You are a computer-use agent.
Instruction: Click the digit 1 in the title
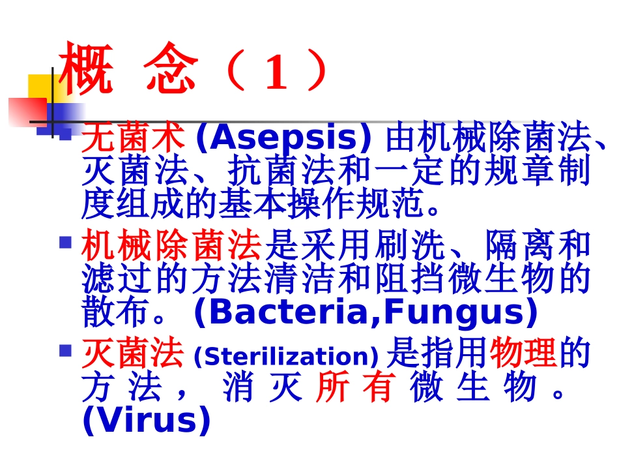(x=276, y=73)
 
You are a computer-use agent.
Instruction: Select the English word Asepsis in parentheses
(x=283, y=139)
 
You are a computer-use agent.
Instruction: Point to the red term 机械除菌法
(x=171, y=247)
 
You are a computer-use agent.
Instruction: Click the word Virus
(x=147, y=421)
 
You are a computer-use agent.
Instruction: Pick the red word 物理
(x=523, y=355)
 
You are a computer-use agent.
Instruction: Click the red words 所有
(x=356, y=387)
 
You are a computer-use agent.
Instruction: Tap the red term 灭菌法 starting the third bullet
(x=132, y=355)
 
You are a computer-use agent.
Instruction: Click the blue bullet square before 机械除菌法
(x=65, y=243)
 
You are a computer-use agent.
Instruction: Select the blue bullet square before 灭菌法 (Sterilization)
(x=65, y=351)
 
